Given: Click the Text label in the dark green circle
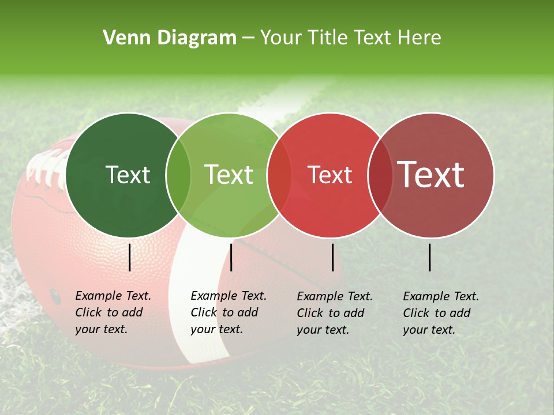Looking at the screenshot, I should [x=128, y=175].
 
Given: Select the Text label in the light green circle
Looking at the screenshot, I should [x=229, y=175].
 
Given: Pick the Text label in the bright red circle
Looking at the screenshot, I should [x=330, y=175].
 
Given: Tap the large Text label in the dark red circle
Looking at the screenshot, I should [x=431, y=174].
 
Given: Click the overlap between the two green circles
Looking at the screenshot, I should [x=178, y=175].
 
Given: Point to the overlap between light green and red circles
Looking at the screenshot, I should [x=279, y=175].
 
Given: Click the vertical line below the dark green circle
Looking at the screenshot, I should [x=130, y=257].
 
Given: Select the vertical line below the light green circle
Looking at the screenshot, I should [x=231, y=257].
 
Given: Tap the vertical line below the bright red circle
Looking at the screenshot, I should [x=332, y=257].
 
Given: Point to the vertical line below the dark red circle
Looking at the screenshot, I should [x=430, y=257].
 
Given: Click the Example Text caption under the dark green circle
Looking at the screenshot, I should [x=113, y=312].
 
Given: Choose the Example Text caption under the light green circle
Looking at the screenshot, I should [x=228, y=312].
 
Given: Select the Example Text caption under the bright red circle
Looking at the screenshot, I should [x=334, y=313].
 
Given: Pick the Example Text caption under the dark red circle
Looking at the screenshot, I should [x=440, y=313].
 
